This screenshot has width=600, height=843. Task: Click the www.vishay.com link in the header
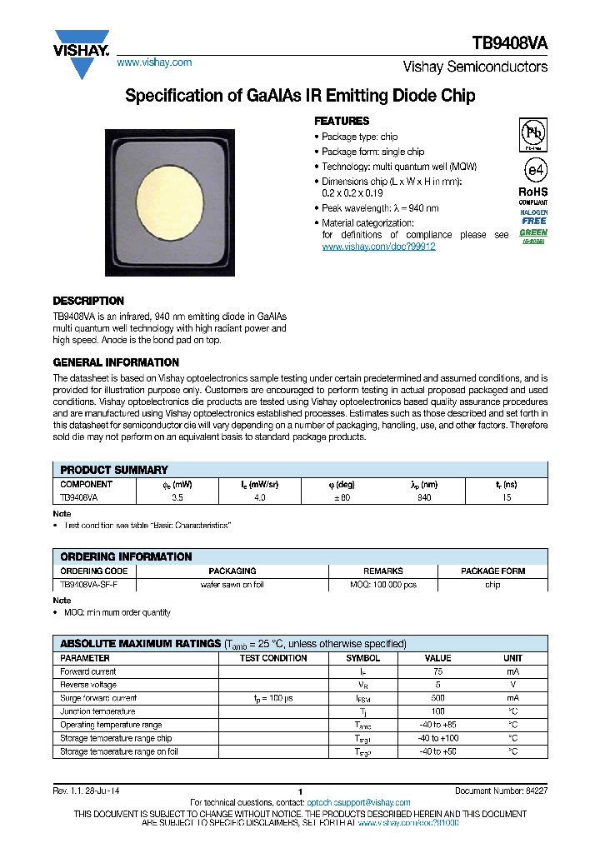[154, 62]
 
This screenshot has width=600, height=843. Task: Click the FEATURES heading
[342, 121]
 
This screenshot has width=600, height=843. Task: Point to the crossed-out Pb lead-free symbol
[533, 133]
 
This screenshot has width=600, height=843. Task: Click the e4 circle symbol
[534, 170]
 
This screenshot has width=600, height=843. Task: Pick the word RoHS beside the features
[533, 192]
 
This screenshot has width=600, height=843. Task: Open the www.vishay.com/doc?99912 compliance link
[378, 247]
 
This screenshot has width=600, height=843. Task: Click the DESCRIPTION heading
[88, 301]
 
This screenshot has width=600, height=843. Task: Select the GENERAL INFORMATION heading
[116, 362]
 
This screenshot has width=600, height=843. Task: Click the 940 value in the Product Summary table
[425, 497]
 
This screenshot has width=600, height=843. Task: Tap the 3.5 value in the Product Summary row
[177, 497]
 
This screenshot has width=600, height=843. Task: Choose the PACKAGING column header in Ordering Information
[232, 571]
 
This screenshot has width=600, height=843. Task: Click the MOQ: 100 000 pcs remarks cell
[383, 585]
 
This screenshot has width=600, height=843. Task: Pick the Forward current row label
[88, 671]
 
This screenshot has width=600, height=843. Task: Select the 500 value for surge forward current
[437, 698]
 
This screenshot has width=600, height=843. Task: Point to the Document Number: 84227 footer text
[501, 791]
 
